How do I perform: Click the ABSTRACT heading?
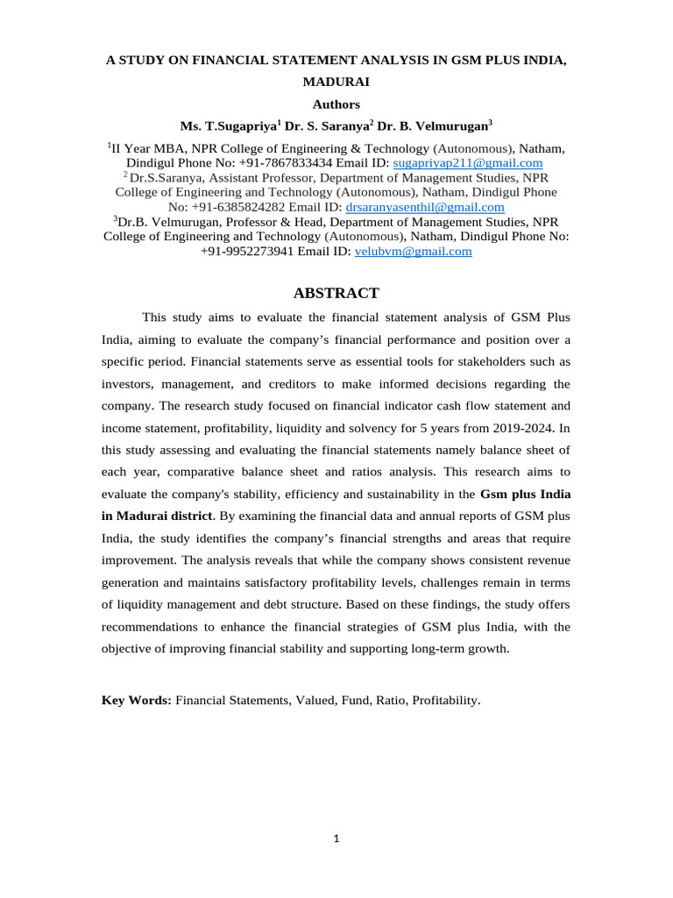[336, 293]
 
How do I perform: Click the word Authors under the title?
[336, 103]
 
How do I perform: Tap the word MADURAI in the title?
[336, 82]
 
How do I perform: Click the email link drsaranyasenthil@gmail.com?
[425, 207]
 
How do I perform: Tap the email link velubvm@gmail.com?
[413, 251]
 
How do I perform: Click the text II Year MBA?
[149, 148]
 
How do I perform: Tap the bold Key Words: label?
[137, 701]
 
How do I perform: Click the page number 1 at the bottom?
[336, 838]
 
